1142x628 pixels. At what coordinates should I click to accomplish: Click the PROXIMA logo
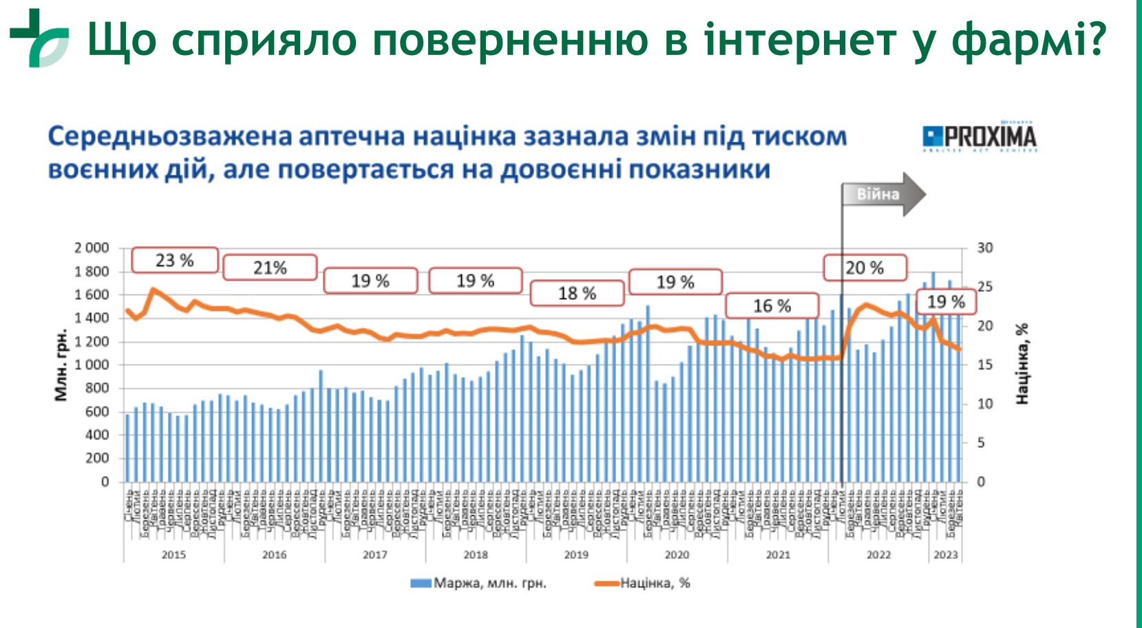click(980, 138)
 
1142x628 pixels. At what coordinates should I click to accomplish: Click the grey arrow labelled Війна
click(883, 194)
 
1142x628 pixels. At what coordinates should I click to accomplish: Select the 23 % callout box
click(175, 261)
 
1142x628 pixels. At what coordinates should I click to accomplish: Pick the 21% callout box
click(270, 268)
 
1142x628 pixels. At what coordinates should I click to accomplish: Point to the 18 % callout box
click(577, 294)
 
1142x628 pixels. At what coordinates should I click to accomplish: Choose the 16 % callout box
click(772, 306)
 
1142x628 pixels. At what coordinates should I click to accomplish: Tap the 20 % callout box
click(865, 268)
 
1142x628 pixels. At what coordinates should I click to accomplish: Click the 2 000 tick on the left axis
click(92, 248)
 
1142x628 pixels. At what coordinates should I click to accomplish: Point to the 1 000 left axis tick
click(92, 365)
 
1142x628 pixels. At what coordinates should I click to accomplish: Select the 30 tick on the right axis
click(985, 248)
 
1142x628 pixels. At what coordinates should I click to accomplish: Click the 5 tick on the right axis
click(982, 443)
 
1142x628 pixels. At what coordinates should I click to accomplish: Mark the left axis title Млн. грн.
click(61, 365)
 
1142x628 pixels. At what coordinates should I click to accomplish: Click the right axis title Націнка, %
click(1022, 363)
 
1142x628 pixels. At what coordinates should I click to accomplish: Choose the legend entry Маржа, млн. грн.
click(479, 583)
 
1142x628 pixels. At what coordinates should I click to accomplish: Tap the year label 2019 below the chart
click(576, 554)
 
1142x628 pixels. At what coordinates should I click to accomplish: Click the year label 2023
click(946, 554)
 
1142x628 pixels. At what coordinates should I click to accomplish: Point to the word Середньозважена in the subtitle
click(170, 136)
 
